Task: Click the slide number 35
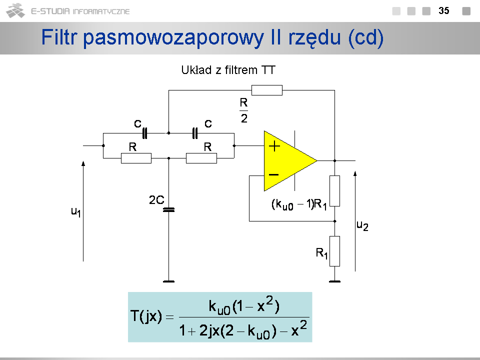click(443, 10)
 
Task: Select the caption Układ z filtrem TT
click(228, 70)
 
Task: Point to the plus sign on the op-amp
click(274, 146)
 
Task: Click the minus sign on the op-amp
click(274, 174)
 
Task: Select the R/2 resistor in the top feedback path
click(266, 90)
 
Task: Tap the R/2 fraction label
click(243, 110)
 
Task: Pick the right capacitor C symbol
click(195, 133)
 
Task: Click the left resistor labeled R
click(136, 158)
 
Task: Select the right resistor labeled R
click(201, 158)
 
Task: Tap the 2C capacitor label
click(156, 200)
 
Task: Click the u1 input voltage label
click(75, 211)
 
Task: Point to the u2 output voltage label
click(362, 225)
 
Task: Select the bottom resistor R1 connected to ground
click(334, 251)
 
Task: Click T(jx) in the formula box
click(146, 316)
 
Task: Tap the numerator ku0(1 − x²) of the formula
click(244, 306)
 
